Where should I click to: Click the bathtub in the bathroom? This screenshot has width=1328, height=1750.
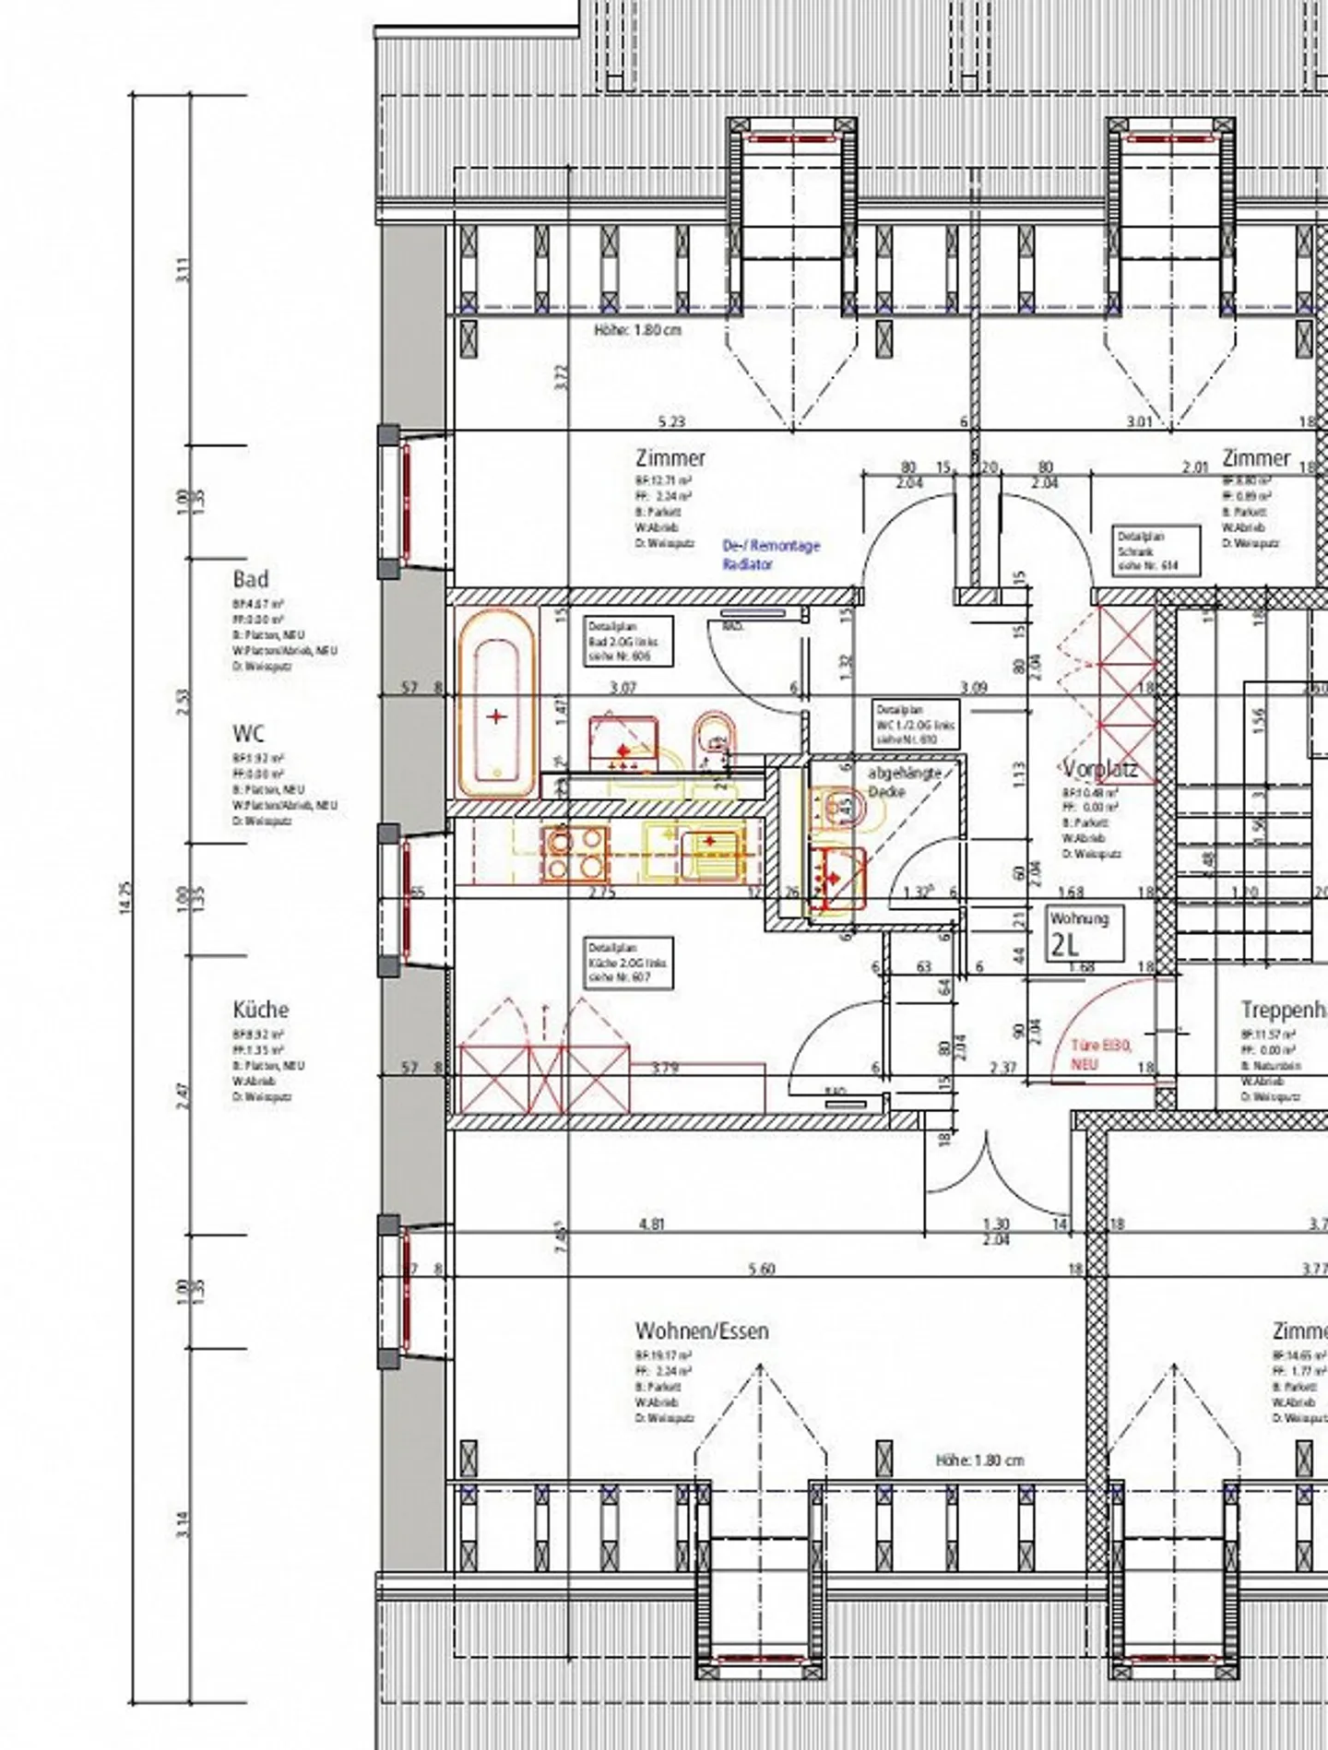(496, 703)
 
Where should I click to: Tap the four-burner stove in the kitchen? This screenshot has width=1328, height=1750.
(575, 852)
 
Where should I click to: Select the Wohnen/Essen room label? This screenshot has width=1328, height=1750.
(701, 1330)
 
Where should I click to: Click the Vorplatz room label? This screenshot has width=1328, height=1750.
(1099, 769)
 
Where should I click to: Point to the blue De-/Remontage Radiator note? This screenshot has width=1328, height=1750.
(771, 555)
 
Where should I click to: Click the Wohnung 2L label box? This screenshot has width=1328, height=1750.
(1086, 933)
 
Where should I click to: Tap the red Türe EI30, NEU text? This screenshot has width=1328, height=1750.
(1099, 1054)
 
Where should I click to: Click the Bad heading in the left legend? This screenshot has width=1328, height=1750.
(251, 580)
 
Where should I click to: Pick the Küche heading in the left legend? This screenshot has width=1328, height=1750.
(260, 1010)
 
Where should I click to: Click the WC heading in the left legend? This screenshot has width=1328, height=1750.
(248, 733)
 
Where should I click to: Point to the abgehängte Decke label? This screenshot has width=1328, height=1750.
(903, 782)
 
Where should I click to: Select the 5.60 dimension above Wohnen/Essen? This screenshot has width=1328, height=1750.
(762, 1269)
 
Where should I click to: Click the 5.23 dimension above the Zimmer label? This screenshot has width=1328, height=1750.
(670, 422)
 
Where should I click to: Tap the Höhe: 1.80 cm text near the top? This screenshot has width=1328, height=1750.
(638, 329)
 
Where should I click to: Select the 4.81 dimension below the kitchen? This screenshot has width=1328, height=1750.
(651, 1224)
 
